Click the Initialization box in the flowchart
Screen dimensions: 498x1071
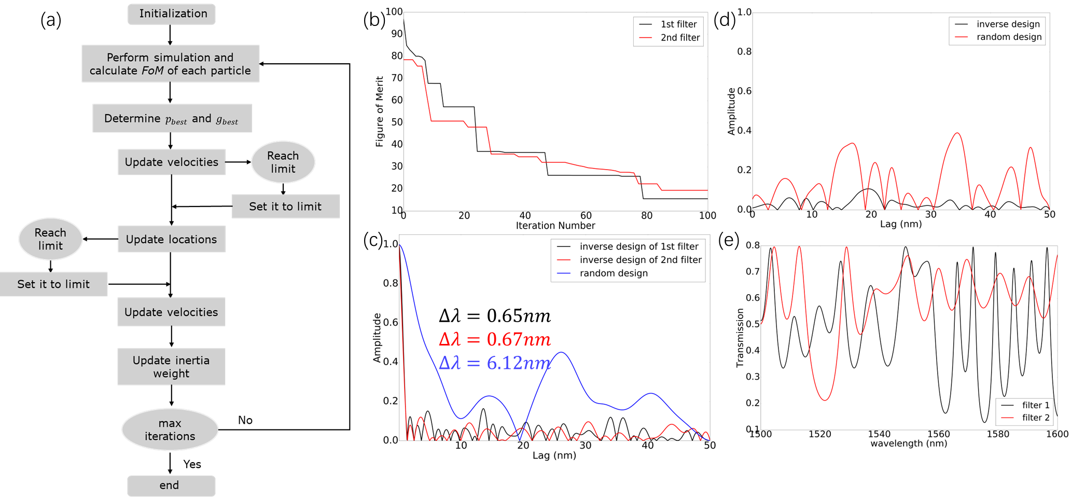pos(172,14)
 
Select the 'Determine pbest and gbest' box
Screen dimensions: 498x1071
pos(172,119)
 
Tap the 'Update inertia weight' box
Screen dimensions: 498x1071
pos(171,367)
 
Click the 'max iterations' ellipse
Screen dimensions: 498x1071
pos(170,430)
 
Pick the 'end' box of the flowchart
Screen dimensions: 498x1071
pos(171,486)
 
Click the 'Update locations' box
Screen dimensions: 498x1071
pos(171,239)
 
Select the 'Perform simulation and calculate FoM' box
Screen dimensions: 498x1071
pos(170,64)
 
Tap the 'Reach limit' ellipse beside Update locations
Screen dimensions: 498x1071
pos(50,239)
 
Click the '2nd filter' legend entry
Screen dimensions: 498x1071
pos(679,37)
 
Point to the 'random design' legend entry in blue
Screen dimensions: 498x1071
pos(614,273)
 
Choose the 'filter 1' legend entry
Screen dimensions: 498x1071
pos(1035,405)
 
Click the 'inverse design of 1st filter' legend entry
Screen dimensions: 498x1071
pos(638,246)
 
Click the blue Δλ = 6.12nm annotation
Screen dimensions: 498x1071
pos(494,363)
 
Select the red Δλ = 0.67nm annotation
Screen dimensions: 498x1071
pos(494,339)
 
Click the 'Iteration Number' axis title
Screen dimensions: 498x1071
pos(555,226)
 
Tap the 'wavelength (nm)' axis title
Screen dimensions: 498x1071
pos(909,444)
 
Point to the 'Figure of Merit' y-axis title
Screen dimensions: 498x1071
pos(380,112)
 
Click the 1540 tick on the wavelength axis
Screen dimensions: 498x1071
pos(879,434)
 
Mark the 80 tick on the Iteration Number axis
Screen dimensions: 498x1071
pos(647,215)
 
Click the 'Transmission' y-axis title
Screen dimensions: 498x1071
pos(740,338)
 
